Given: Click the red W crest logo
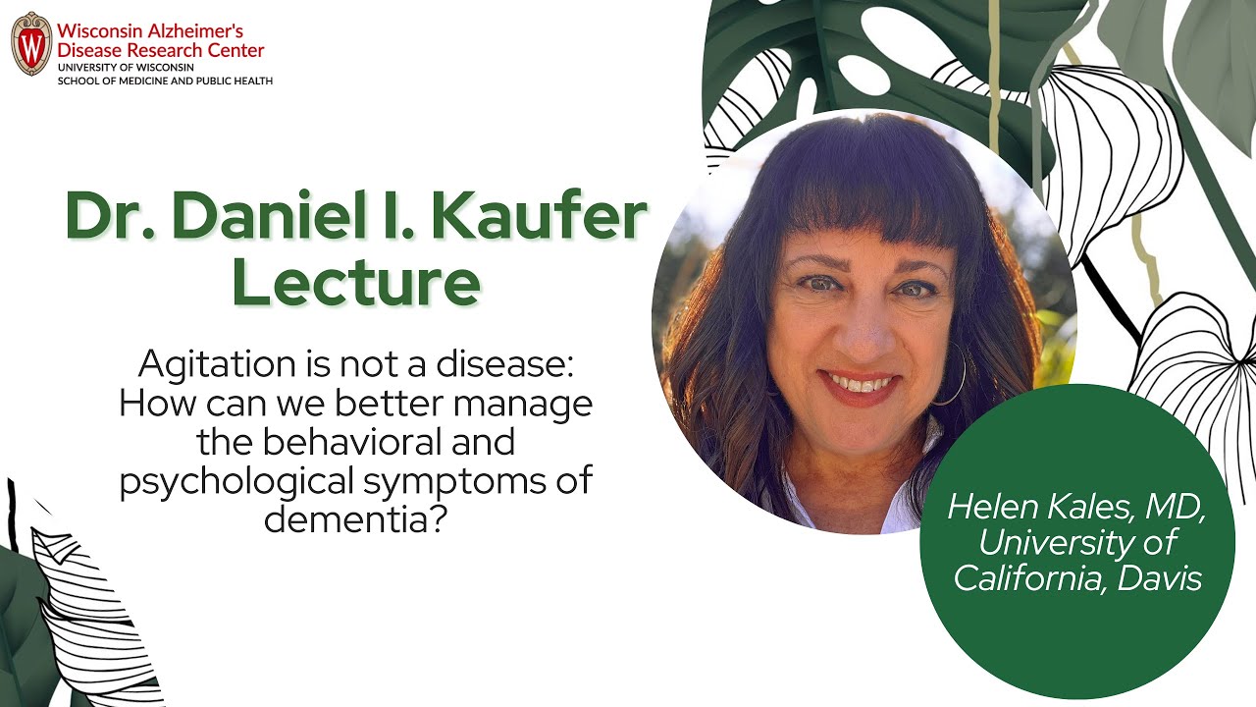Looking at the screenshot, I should [x=31, y=44].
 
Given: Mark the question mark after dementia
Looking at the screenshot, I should [x=439, y=517].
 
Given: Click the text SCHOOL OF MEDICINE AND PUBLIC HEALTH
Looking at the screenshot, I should [x=165, y=80].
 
